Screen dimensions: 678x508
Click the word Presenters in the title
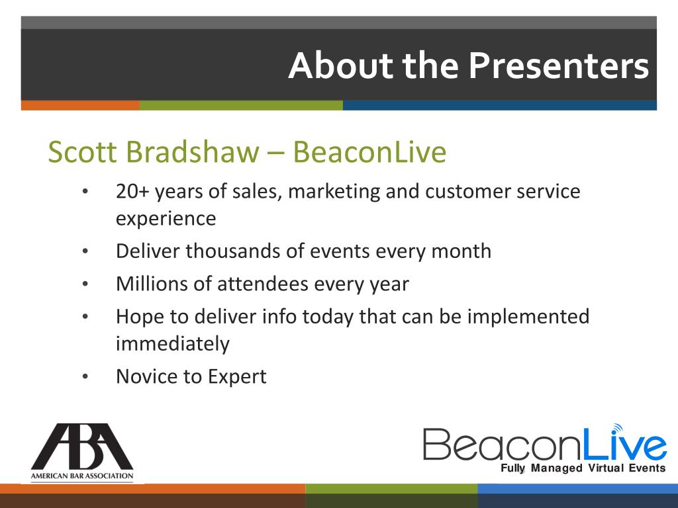tap(559, 65)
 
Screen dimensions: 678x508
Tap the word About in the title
tap(341, 65)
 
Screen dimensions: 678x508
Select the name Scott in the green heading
tap(82, 151)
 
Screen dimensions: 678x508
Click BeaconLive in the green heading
tap(369, 151)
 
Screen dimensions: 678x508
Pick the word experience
tap(166, 219)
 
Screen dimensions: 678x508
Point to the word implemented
tap(528, 317)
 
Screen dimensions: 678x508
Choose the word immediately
tap(173, 344)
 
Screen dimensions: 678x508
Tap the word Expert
tap(237, 377)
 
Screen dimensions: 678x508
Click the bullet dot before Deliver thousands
tap(85, 251)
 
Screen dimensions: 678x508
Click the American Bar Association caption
tap(82, 476)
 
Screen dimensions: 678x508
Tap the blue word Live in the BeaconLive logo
tap(624, 443)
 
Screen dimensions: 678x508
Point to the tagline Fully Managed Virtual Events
tap(583, 468)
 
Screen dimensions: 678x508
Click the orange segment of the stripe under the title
tap(80, 105)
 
